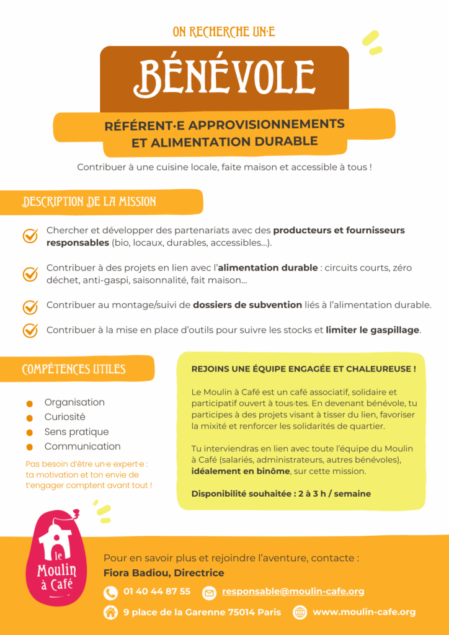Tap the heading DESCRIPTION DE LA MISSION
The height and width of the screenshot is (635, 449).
[x=89, y=202]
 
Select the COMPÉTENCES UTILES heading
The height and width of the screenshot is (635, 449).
[x=74, y=370]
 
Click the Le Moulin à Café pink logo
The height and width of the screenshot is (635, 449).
[x=56, y=557]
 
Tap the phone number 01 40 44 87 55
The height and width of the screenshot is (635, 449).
[x=157, y=592]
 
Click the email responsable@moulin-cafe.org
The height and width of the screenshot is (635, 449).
[x=293, y=592]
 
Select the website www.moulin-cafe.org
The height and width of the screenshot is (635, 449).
[x=364, y=612]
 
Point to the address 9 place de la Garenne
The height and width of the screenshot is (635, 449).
[x=202, y=612]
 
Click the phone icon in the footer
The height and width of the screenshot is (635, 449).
[x=110, y=593]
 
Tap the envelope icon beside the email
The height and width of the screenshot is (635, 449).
[x=209, y=593]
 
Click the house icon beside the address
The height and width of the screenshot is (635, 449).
[x=110, y=613]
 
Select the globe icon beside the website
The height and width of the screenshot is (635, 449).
[x=300, y=613]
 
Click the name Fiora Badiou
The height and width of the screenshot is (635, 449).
[x=138, y=573]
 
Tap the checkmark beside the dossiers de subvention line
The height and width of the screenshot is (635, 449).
[x=30, y=306]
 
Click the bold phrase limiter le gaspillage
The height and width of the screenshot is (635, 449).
[x=373, y=330]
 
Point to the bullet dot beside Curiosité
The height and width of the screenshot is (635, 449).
[x=29, y=418]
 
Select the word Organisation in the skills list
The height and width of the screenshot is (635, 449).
[x=74, y=402]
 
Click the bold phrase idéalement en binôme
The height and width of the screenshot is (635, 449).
[x=241, y=471]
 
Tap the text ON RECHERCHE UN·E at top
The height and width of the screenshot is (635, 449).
[x=225, y=32]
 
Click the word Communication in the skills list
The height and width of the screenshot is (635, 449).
[x=82, y=446]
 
